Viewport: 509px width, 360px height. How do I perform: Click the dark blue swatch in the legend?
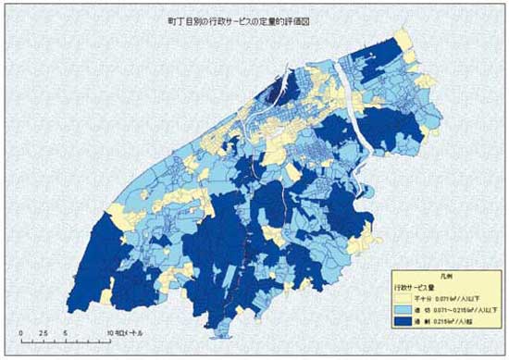(x=403, y=319)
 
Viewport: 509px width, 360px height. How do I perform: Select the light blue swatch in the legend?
(x=403, y=308)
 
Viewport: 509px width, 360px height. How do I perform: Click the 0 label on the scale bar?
(x=19, y=331)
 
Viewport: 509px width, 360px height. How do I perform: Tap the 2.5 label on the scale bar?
(x=43, y=331)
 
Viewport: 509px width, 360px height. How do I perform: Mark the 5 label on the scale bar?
(x=66, y=331)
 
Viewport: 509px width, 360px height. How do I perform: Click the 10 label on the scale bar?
(x=109, y=331)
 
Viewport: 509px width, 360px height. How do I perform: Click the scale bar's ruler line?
(x=65, y=340)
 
